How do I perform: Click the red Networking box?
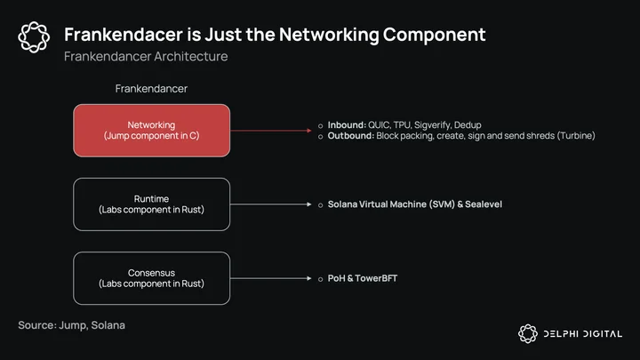pyautogui.click(x=151, y=131)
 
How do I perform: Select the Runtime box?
pyautogui.click(x=151, y=204)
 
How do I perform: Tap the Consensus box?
pyautogui.click(x=151, y=278)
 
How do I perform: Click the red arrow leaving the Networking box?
pyautogui.click(x=271, y=131)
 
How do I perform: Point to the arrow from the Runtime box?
pyautogui.click(x=271, y=204)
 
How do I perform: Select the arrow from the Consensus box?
pyautogui.click(x=271, y=278)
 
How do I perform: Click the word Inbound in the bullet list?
pyautogui.click(x=347, y=125)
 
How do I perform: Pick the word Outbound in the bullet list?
pyautogui.click(x=350, y=135)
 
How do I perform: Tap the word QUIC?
pyautogui.click(x=380, y=125)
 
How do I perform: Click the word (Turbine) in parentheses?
pyautogui.click(x=576, y=135)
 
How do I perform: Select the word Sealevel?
pyautogui.click(x=484, y=204)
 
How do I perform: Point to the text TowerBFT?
pyautogui.click(x=376, y=278)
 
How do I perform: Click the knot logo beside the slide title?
pyautogui.click(x=34, y=37)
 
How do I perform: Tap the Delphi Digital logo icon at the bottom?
pyautogui.click(x=528, y=333)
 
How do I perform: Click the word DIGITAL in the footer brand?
pyautogui.click(x=603, y=334)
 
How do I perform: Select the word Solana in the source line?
pyautogui.click(x=108, y=325)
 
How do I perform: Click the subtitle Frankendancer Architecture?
pyautogui.click(x=146, y=56)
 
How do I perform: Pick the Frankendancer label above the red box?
pyautogui.click(x=151, y=89)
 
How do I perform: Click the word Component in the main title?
pyautogui.click(x=435, y=35)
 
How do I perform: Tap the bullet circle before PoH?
pyautogui.click(x=320, y=279)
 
